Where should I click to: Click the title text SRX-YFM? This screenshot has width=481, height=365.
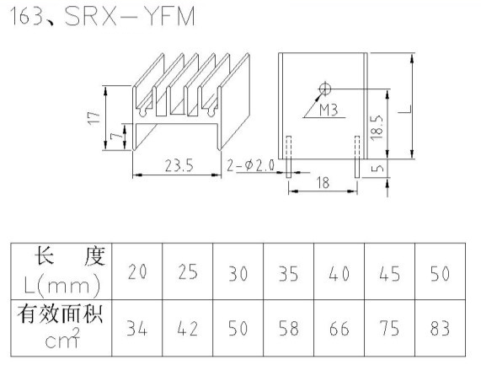point(130,17)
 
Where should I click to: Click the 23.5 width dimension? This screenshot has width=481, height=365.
point(179,166)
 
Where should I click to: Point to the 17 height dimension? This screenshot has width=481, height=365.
point(94,118)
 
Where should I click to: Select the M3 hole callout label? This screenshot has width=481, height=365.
point(329,110)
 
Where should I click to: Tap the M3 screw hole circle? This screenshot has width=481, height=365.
point(325,89)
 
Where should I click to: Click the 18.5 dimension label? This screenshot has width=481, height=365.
point(377,127)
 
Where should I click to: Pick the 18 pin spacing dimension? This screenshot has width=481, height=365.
point(323,183)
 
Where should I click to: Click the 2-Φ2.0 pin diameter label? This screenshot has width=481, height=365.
point(250,166)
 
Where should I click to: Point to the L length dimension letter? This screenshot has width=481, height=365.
point(405,109)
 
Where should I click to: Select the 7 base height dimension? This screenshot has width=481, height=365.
point(117,137)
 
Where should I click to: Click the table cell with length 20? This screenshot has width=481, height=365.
point(137,272)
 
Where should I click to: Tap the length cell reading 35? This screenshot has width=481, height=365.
point(288,273)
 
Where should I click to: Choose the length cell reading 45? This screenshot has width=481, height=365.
point(389,273)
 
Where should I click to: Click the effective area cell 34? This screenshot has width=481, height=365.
point(136,328)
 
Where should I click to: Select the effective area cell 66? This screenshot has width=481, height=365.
point(339,328)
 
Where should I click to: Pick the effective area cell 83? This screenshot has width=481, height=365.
point(440,328)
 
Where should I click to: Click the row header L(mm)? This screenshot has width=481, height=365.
point(62,286)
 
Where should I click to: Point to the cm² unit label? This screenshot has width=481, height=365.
point(62,338)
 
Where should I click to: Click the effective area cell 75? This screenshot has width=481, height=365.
point(389,328)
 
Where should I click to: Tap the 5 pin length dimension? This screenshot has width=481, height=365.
point(377,169)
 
